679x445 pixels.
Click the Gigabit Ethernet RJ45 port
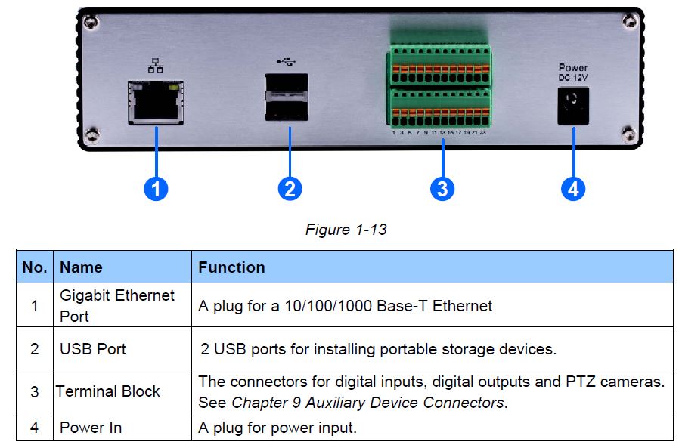click(x=157, y=104)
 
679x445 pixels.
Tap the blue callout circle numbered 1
click(x=156, y=188)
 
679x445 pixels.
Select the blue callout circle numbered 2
click(x=290, y=188)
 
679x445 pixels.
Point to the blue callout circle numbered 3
click(x=442, y=188)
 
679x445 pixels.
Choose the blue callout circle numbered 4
click(x=572, y=188)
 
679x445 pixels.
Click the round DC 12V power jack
click(x=573, y=104)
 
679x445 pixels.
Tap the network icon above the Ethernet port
click(x=155, y=66)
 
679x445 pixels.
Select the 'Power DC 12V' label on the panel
click(x=573, y=73)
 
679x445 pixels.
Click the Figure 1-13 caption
click(x=346, y=229)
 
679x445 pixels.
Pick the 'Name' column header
click(x=81, y=267)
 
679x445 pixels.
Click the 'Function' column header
click(x=231, y=267)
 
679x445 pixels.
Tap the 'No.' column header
click(x=35, y=267)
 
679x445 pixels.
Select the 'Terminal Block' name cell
click(x=108, y=391)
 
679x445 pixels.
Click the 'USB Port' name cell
click(x=93, y=349)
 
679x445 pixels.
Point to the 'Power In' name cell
click(x=91, y=428)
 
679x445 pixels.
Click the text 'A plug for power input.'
click(x=277, y=428)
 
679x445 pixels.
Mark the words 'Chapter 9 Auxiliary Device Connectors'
click(x=367, y=402)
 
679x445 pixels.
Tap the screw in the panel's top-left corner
click(x=91, y=23)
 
